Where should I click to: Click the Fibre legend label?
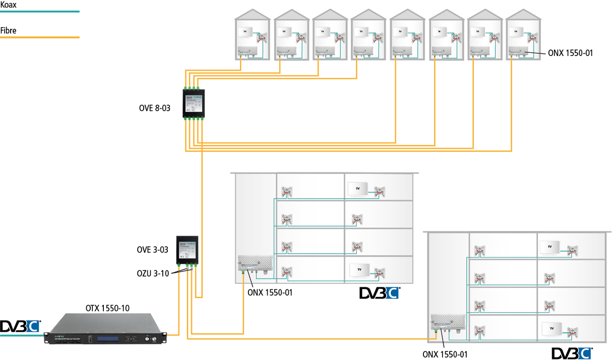(9, 31)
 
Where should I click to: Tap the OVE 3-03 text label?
(153, 250)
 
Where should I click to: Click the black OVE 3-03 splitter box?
(187, 250)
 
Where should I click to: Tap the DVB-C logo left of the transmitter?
(20, 327)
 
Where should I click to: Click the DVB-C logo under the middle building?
(380, 293)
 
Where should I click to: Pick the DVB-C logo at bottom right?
(571, 353)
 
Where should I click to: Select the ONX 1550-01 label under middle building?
(270, 291)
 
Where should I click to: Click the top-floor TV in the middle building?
(358, 189)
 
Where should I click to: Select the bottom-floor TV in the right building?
(552, 328)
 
